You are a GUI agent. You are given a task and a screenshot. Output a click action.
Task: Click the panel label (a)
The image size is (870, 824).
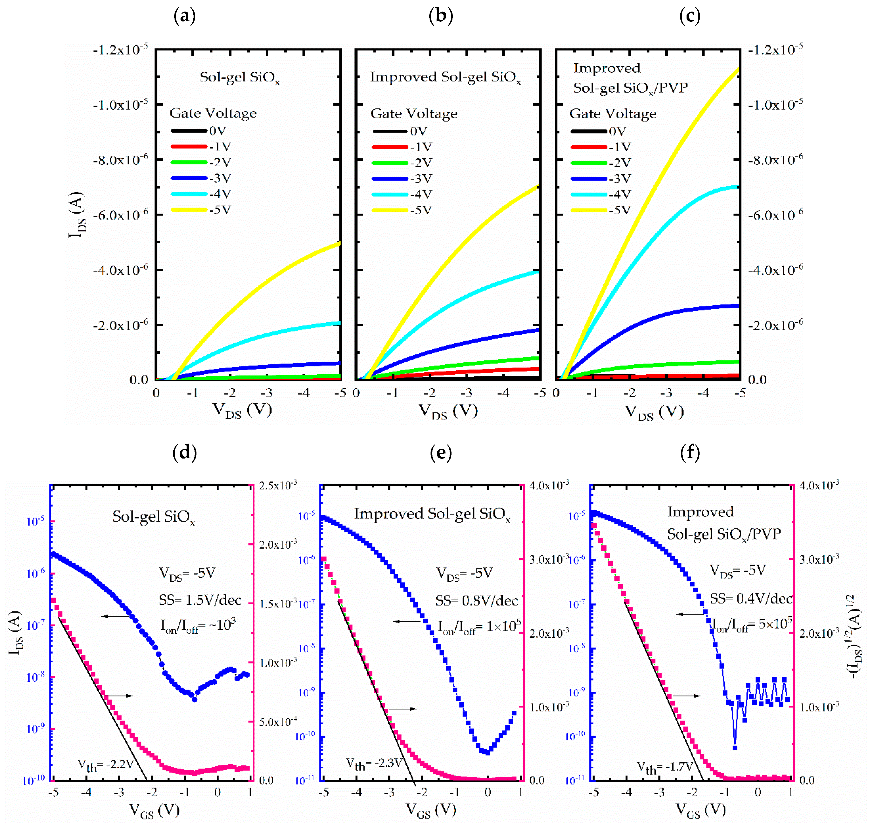184,16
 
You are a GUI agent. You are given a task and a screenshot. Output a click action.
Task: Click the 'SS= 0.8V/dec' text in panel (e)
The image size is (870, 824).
477,601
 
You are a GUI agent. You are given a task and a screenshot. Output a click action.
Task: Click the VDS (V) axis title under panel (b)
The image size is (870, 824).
448,411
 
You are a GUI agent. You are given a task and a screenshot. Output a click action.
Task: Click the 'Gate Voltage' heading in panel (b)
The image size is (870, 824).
414,114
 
